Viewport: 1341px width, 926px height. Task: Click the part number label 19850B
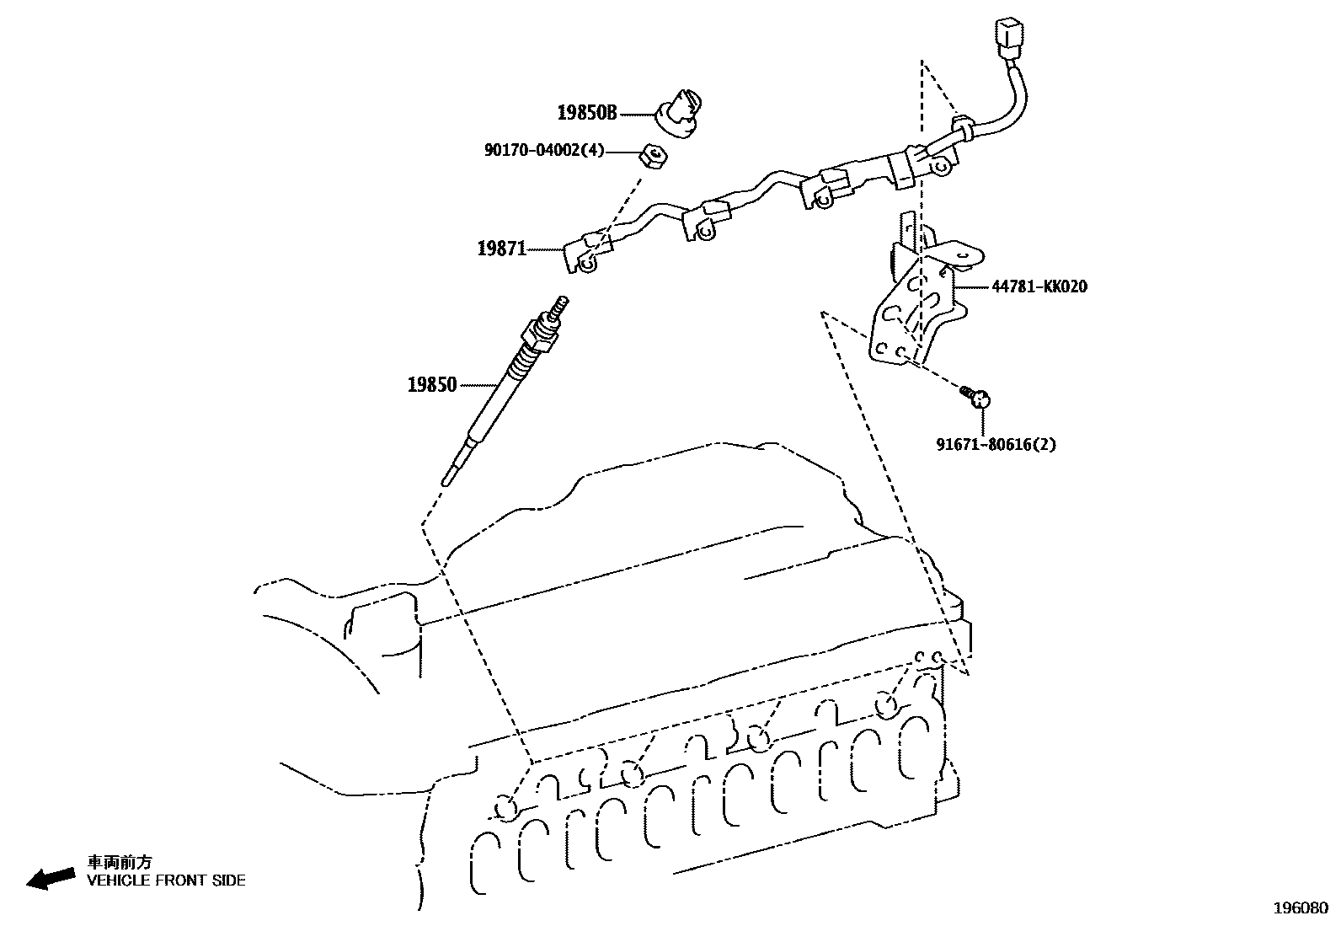tap(586, 112)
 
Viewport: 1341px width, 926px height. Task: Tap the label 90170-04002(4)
tap(544, 151)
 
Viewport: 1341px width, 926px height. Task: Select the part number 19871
tap(501, 249)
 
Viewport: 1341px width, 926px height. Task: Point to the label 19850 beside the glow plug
tap(432, 385)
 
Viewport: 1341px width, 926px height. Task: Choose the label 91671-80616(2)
tap(996, 444)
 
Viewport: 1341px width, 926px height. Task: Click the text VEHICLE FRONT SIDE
tap(167, 881)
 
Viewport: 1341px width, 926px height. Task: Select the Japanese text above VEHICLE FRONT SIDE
tap(120, 862)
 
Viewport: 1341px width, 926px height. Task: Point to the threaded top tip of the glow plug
tap(559, 304)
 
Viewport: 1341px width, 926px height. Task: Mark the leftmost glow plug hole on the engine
tap(506, 807)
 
